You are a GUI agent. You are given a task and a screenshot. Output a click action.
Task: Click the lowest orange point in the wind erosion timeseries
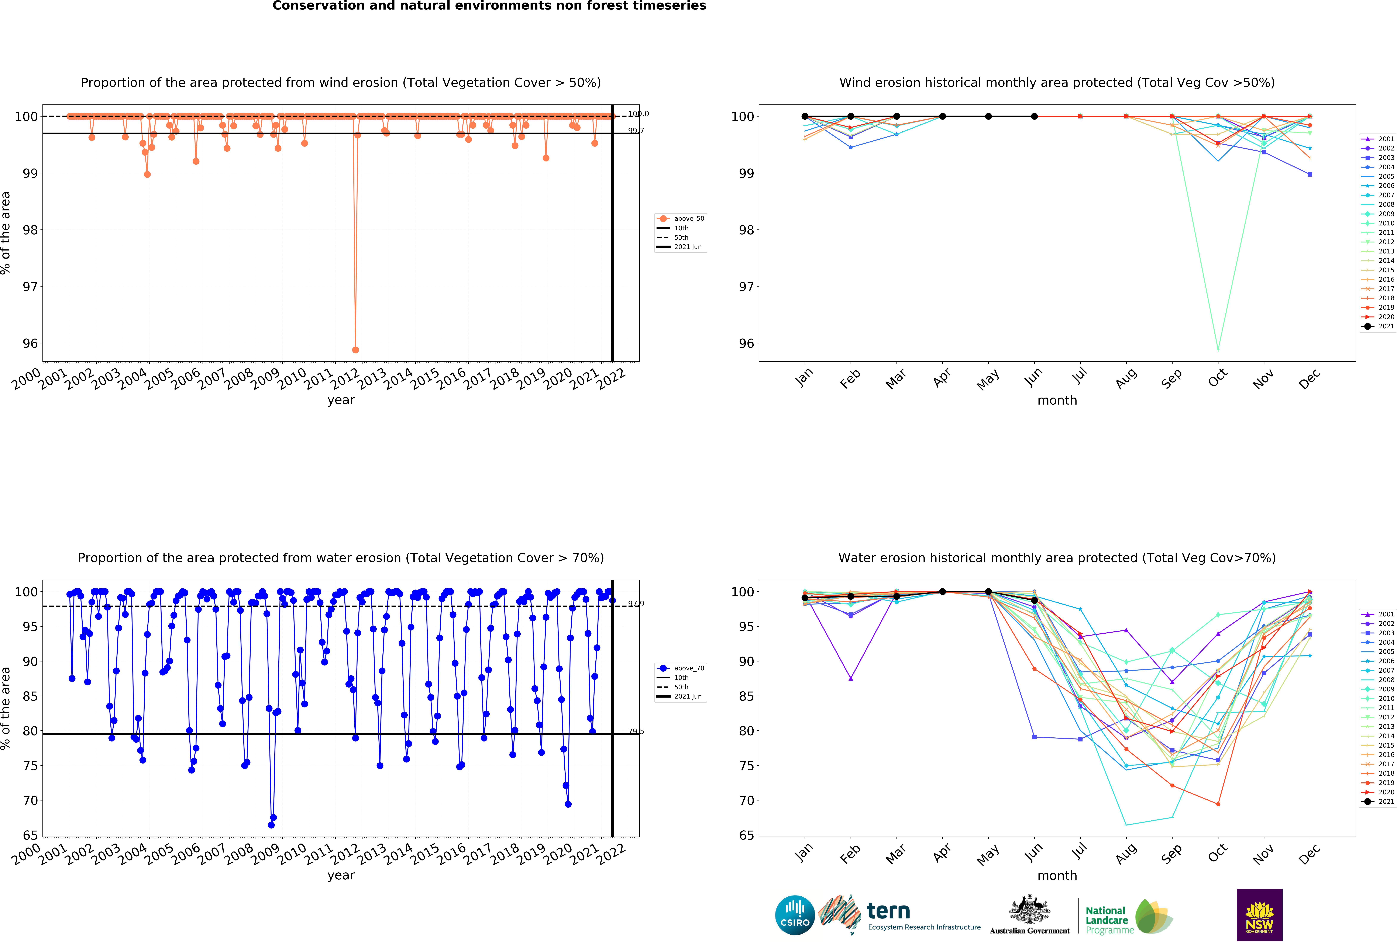[x=355, y=350]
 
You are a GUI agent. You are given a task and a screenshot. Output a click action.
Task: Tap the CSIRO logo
[x=795, y=915]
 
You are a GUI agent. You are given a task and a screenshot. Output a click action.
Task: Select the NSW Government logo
[x=1259, y=915]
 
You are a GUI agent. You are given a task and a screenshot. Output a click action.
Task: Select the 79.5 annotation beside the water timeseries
[x=636, y=731]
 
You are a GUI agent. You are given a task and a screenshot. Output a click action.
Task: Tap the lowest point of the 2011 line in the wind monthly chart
[x=1218, y=349]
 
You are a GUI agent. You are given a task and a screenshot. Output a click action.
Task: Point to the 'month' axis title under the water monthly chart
[x=1057, y=876]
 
